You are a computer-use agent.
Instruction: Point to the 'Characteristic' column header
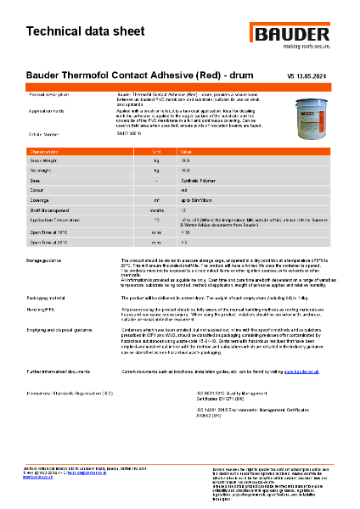44,151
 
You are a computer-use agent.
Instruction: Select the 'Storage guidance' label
46,259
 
